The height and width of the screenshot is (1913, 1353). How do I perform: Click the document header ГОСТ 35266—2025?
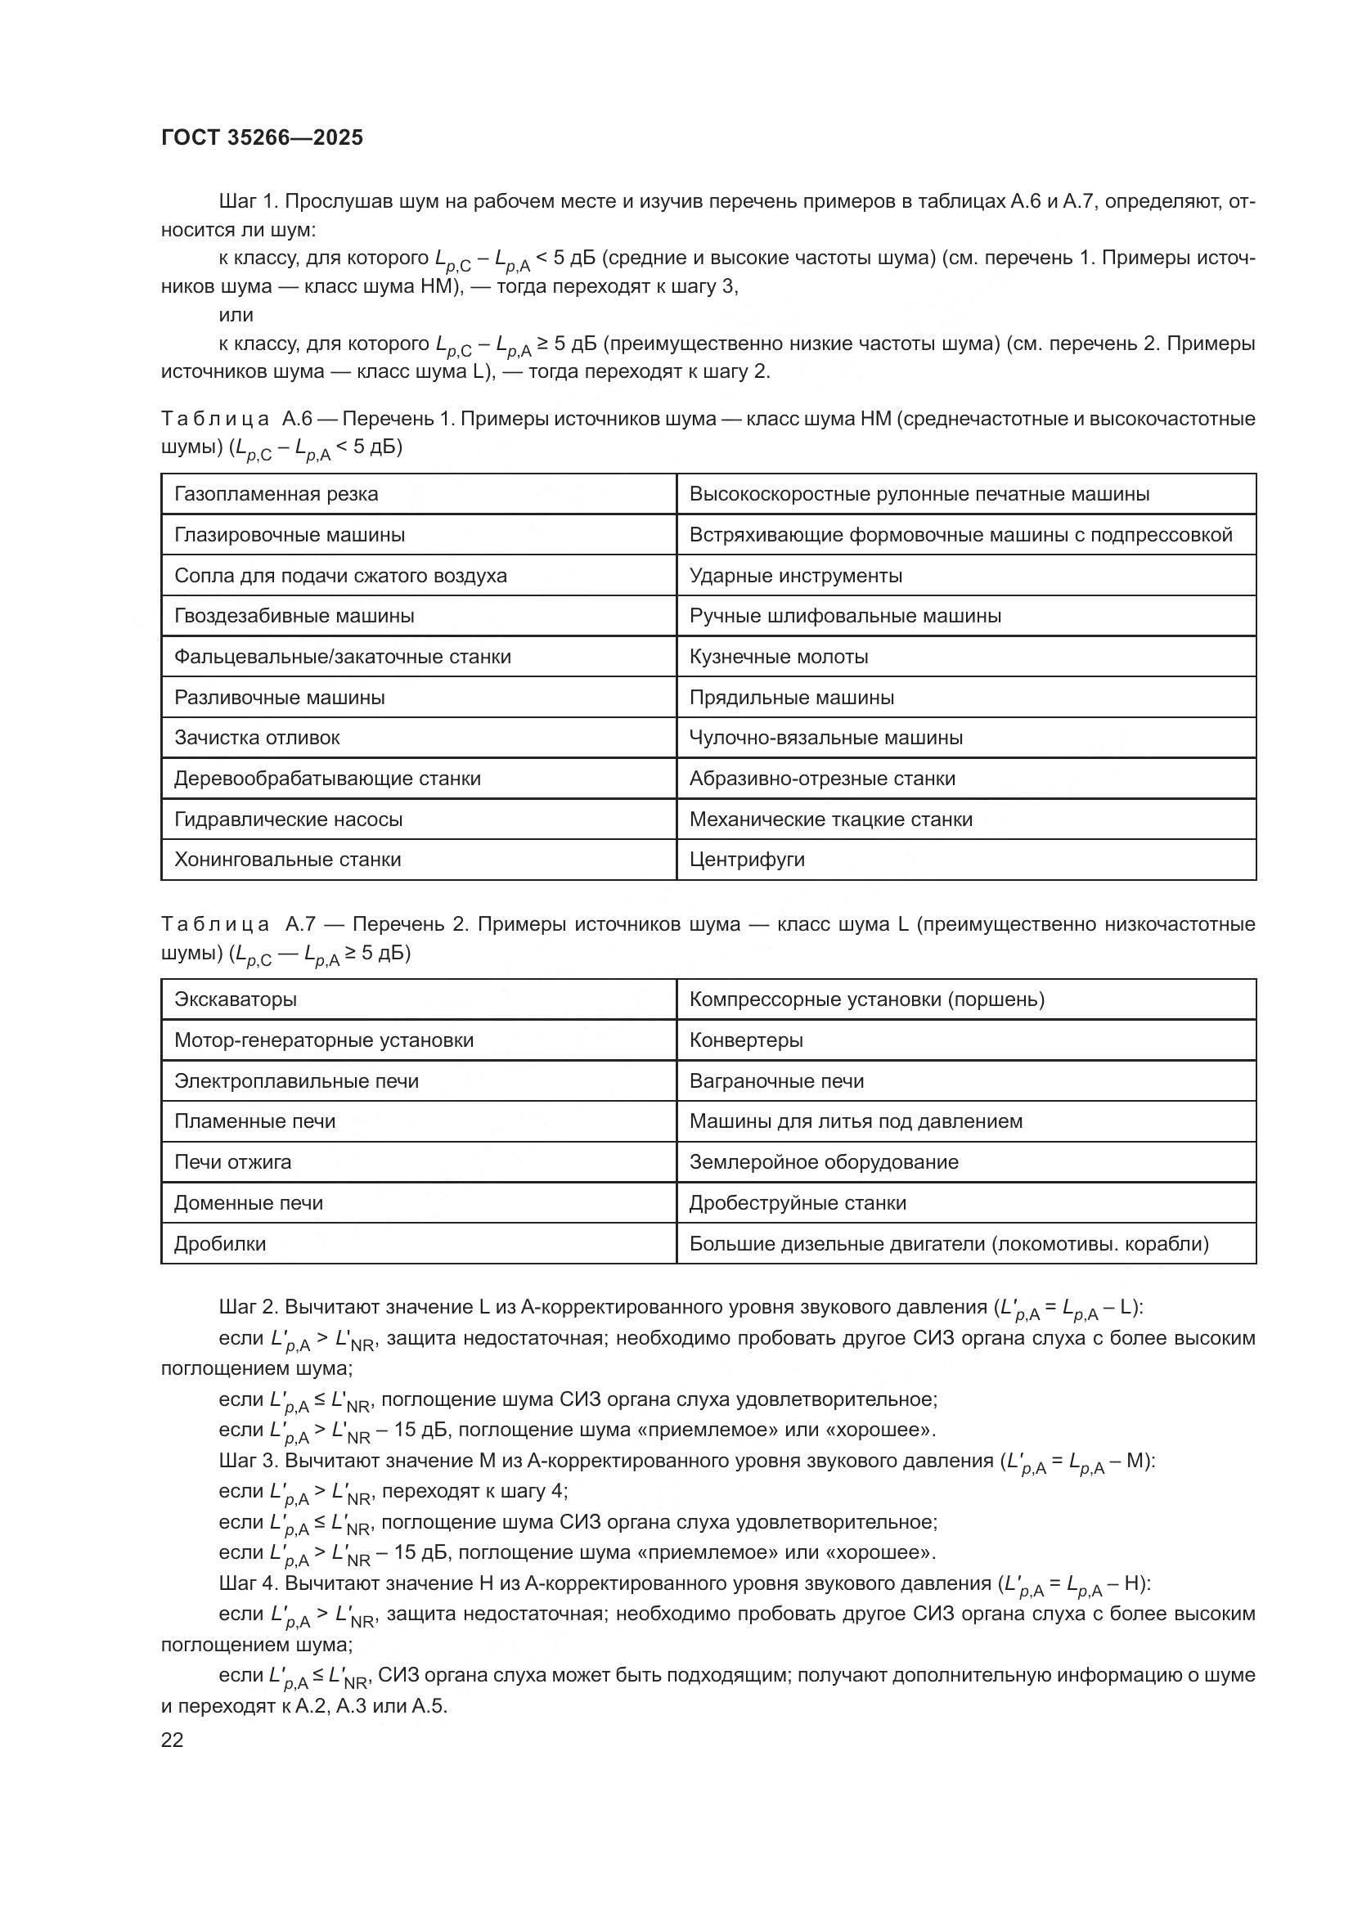pyautogui.click(x=262, y=138)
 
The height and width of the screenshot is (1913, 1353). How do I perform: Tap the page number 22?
pyautogui.click(x=173, y=1740)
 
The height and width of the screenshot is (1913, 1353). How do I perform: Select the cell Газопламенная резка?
pyautogui.click(x=276, y=494)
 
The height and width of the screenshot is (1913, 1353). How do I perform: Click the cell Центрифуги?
pyautogui.click(x=747, y=859)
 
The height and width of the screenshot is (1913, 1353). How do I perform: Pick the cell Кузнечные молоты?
pyautogui.click(x=778, y=657)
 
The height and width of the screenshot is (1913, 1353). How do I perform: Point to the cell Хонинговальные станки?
pyautogui.click(x=287, y=859)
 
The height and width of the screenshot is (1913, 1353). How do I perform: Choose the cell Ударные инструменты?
pyautogui.click(x=796, y=576)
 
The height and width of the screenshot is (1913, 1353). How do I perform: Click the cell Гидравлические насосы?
pyautogui.click(x=288, y=819)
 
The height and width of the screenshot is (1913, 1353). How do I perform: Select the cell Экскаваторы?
pyautogui.click(x=235, y=999)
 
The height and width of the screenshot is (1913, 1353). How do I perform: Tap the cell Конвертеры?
pyautogui.click(x=746, y=1040)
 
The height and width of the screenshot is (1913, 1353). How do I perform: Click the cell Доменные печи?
pyautogui.click(x=249, y=1202)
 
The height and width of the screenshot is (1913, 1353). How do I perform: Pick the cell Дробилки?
pyautogui.click(x=220, y=1243)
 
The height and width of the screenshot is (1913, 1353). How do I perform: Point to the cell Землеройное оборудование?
pyautogui.click(x=823, y=1161)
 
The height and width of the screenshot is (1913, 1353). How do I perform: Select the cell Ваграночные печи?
pyautogui.click(x=776, y=1080)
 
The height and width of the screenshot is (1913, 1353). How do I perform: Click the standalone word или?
pyautogui.click(x=236, y=315)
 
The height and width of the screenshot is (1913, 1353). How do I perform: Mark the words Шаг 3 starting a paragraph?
pyautogui.click(x=247, y=1461)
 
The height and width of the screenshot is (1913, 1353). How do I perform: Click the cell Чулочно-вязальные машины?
pyautogui.click(x=825, y=738)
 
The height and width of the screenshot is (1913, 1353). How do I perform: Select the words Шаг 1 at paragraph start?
pyautogui.click(x=246, y=202)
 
